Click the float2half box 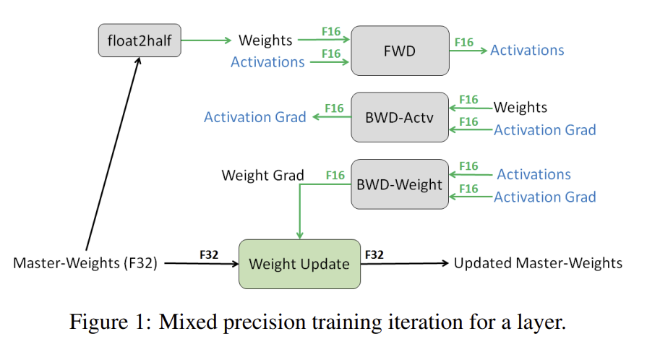coord(140,40)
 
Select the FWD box coord(399,51)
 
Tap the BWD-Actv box coord(399,117)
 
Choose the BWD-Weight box coord(399,184)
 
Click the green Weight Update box coord(299,264)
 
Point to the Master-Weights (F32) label coord(85,263)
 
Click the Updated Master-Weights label coord(538,263)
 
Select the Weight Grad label coord(262,176)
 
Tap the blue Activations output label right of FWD coord(527,50)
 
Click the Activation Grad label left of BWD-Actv coord(255,117)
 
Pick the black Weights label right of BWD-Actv coord(520,108)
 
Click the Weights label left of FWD coord(265,40)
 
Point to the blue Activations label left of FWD coord(267,62)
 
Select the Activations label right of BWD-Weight coord(534,174)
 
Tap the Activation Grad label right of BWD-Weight coord(544,197)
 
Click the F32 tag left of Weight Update coord(210,254)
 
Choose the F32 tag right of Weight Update coord(374,254)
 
